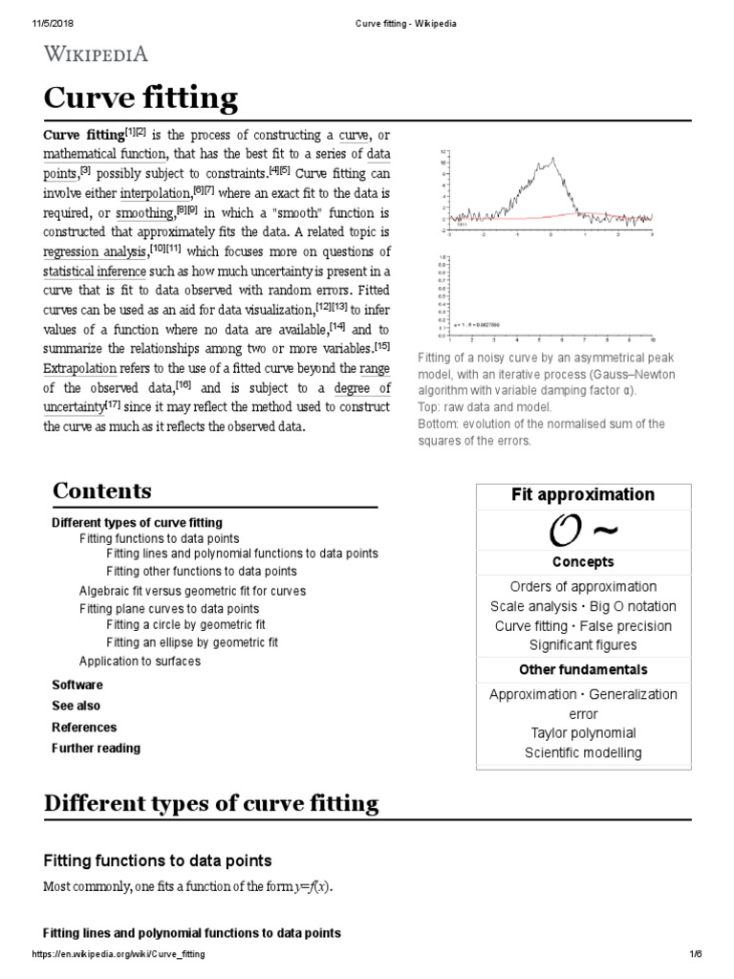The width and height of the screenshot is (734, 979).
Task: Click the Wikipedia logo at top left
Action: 94,54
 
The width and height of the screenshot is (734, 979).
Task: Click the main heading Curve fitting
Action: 140,98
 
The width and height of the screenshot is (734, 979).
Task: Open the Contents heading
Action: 101,490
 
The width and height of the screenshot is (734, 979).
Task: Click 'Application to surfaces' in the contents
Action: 140,661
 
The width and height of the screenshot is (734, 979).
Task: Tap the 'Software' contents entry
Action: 76,685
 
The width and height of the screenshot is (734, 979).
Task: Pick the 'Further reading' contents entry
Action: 96,748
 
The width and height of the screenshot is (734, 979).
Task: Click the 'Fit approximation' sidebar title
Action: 583,494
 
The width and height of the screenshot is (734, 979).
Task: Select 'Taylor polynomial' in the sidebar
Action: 583,733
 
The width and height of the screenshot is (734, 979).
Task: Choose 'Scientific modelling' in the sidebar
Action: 583,752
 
